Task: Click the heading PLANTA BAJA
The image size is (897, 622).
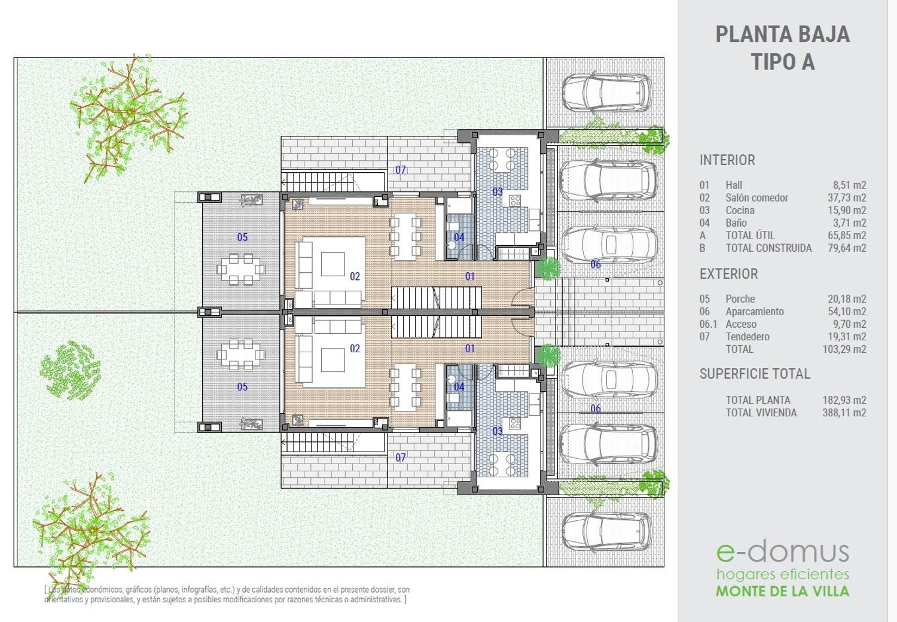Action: tap(782, 35)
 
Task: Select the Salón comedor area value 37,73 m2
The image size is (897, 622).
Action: tap(847, 198)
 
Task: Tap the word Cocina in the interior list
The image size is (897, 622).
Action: tap(740, 211)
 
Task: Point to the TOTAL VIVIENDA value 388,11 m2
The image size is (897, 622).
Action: tap(844, 413)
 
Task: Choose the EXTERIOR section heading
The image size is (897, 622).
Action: tap(729, 274)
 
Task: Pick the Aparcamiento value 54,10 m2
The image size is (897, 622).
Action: tap(847, 312)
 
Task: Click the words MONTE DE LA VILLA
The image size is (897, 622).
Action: tap(782, 591)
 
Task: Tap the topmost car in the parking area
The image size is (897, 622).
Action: tap(607, 92)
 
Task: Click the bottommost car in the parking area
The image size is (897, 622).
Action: tap(607, 532)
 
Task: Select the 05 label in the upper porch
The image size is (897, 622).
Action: tap(242, 237)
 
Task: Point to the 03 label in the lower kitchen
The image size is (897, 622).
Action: tap(498, 431)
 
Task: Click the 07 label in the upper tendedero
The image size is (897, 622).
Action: tap(401, 170)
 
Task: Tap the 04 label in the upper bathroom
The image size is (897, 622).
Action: tap(459, 237)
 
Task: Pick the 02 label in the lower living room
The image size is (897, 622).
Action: tap(355, 349)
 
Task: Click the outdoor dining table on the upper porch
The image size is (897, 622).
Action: tap(240, 269)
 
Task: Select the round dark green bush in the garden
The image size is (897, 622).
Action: tap(71, 370)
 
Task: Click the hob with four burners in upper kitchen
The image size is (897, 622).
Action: tap(515, 200)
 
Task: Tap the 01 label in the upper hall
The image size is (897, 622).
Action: tap(469, 276)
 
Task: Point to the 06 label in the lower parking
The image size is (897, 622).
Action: tap(596, 408)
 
